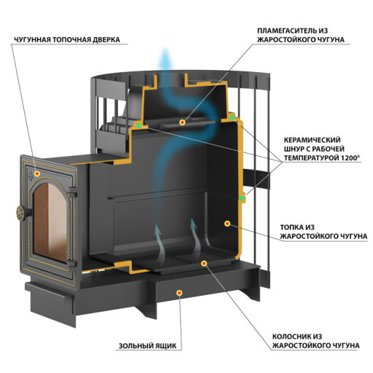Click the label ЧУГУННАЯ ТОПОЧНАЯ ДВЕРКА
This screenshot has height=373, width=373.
67,39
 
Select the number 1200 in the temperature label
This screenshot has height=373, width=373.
350,158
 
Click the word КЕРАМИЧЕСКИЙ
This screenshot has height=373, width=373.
312,140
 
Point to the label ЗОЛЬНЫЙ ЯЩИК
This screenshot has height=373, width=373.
147,345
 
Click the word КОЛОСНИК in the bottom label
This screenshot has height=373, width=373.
290,337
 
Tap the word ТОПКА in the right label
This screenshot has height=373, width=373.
291,227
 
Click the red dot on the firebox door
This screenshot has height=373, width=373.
37,173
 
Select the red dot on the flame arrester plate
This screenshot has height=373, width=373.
182,122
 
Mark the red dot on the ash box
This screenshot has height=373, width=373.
179,293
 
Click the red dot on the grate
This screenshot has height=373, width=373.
204,263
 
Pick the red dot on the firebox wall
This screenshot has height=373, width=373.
227,223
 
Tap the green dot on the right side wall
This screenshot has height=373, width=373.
242,198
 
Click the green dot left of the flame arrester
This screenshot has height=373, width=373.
138,125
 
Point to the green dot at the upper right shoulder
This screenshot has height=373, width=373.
232,118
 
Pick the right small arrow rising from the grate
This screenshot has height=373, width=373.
195,237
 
